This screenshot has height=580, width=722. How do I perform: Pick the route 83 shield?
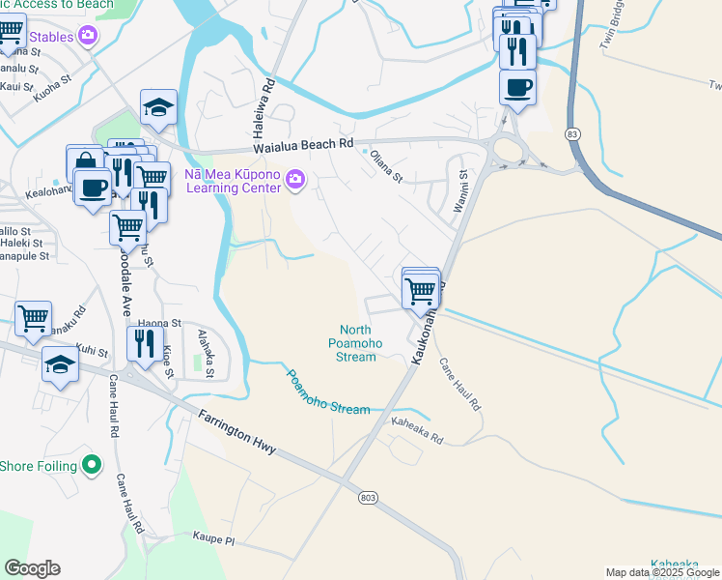573,133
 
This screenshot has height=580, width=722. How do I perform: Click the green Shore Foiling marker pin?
92,465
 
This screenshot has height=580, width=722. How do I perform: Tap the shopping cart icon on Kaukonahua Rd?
420,289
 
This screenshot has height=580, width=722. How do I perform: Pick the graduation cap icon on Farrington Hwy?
61,365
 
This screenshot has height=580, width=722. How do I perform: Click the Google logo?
32,568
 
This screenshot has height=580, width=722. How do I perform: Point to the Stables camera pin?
89,37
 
